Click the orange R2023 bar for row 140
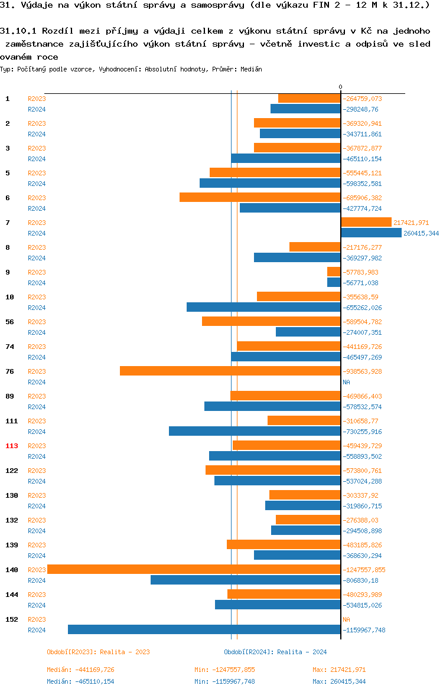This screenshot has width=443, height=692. (194, 569)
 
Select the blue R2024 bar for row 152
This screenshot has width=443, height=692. (204, 629)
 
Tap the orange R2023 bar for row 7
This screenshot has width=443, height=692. (366, 222)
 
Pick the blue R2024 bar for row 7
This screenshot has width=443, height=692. (371, 233)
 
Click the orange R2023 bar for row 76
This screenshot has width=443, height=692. (230, 371)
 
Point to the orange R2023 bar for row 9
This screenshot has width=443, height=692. (334, 272)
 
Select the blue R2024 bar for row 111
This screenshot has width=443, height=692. (255, 431)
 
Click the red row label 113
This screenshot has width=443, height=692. (12, 446)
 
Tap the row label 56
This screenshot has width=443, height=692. (10, 322)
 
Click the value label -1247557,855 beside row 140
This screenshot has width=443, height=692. (364, 570)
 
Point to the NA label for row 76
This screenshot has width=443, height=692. (346, 382)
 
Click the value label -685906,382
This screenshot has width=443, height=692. (362, 198)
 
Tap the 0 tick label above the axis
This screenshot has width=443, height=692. (340, 87)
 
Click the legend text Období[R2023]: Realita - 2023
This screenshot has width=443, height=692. (98, 652)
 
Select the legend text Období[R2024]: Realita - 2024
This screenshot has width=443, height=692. (275, 652)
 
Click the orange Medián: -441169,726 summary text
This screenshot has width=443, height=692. (80, 670)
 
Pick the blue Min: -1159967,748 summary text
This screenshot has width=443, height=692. (224, 681)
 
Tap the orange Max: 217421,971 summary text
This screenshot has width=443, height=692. (339, 670)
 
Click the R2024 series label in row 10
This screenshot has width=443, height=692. (37, 308)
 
